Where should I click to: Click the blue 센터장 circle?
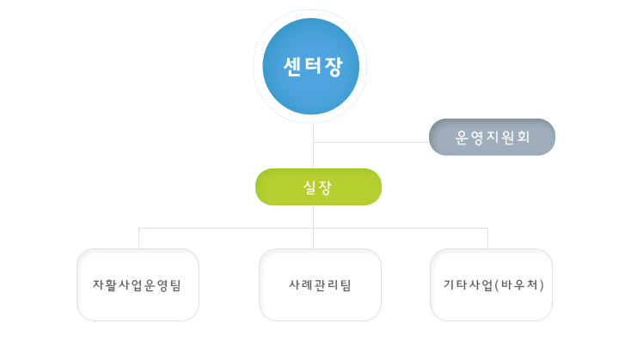pos(310,66)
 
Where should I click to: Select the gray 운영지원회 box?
pos(492,137)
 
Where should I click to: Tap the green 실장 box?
pos(318,186)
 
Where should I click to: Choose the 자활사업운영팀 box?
pos(138,284)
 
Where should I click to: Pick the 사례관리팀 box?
pos(320,284)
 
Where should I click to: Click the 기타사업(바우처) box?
pos(491,284)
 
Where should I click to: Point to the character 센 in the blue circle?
pos(292,66)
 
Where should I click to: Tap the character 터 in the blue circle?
pos(313,66)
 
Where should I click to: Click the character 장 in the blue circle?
pos(334,67)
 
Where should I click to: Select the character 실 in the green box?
pos(309,187)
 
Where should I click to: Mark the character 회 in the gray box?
pos(523,137)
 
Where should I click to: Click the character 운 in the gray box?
pos(462,137)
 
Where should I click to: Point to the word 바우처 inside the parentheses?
pos(519,284)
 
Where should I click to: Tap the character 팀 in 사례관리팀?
pos(346,285)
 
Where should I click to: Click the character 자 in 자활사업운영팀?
pos(98,284)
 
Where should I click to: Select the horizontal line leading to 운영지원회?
pos(371,142)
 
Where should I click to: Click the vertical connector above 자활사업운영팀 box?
pos(139,238)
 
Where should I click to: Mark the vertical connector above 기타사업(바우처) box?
pos(488,238)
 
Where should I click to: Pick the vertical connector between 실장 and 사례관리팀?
pos(314,227)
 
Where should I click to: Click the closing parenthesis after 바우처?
pos(542,285)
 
